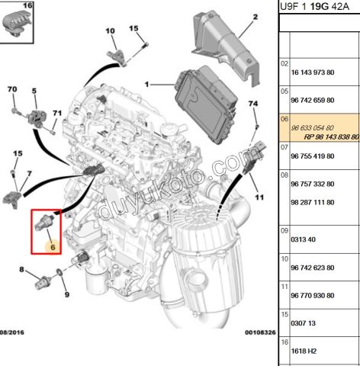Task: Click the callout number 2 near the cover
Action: click(256, 17)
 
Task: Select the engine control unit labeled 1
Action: click(207, 104)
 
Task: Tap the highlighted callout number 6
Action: click(53, 247)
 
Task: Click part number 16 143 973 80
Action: click(313, 72)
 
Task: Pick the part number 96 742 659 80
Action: click(313, 100)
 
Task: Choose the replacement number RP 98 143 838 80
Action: click(332, 137)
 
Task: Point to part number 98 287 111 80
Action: click(313, 202)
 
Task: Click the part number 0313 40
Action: click(303, 239)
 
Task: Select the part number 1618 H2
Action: click(304, 351)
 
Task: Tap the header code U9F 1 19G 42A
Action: click(314, 6)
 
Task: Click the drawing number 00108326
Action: click(260, 332)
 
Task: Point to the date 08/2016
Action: click(12, 332)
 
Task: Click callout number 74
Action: click(253, 104)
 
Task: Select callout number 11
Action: click(259, 197)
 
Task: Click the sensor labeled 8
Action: click(43, 282)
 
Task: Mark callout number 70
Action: click(12, 89)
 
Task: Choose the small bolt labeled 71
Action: click(53, 132)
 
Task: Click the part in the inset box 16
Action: click(16, 24)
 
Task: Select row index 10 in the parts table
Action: click(284, 259)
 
